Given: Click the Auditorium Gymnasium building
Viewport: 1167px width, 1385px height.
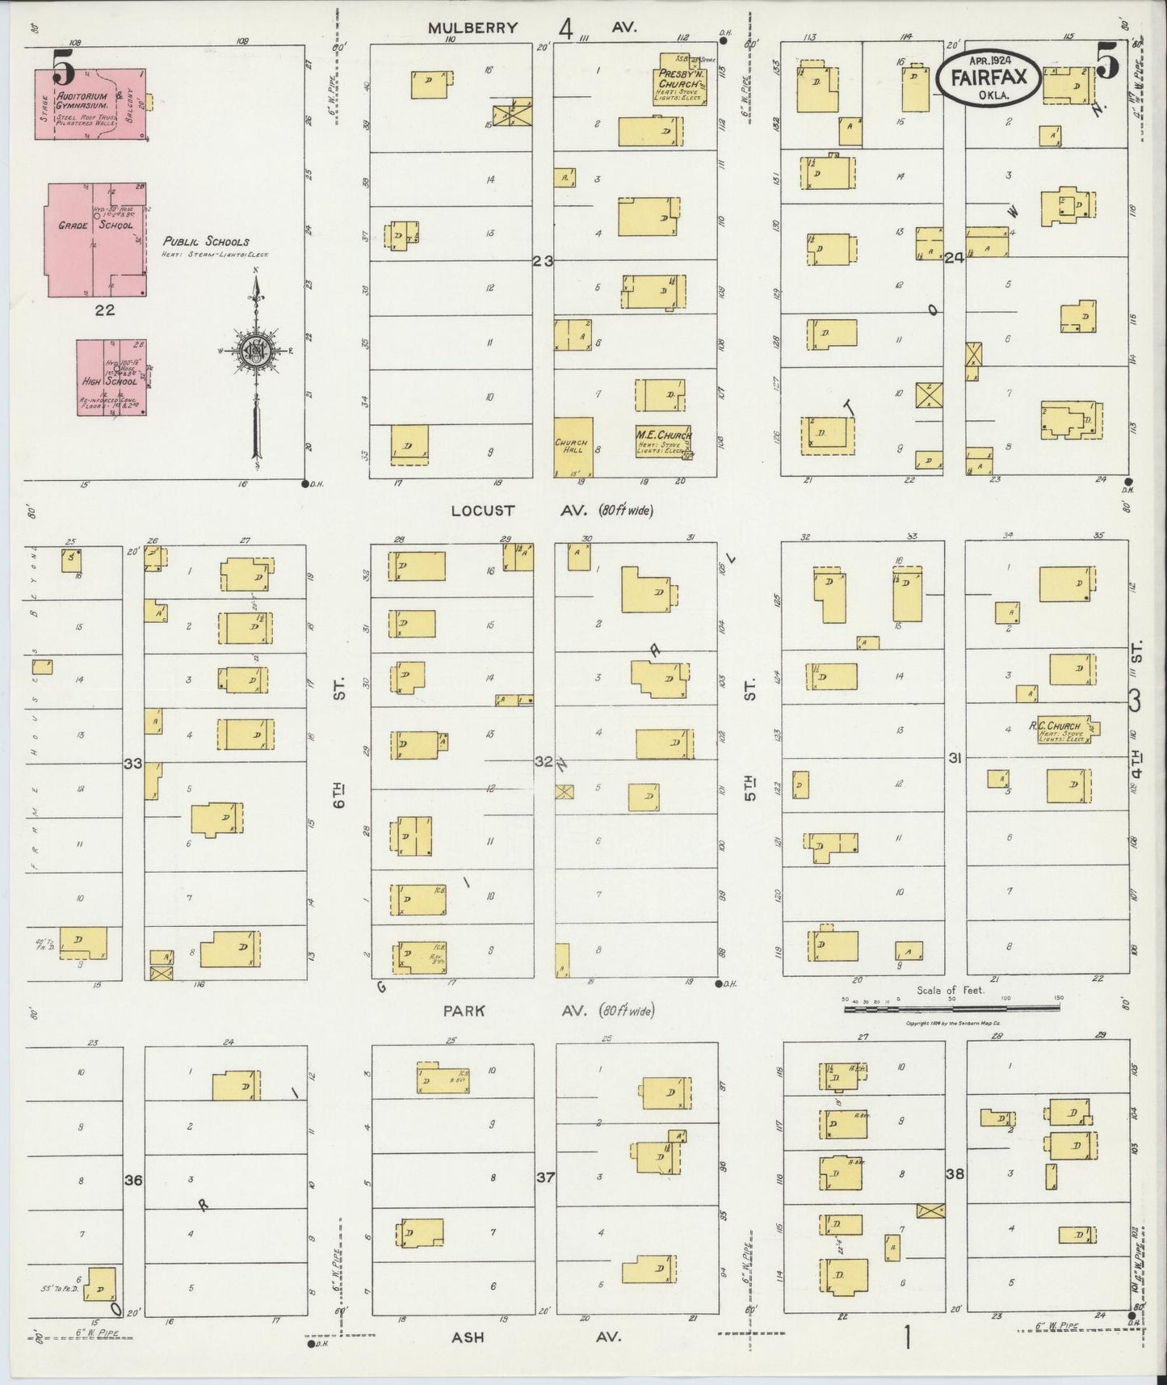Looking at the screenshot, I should (x=89, y=104).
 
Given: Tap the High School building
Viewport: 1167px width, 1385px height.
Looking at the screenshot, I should (x=111, y=377).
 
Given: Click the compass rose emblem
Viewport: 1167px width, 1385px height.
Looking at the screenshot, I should (x=256, y=349).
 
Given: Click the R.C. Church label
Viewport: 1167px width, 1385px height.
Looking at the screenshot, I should (x=1054, y=726).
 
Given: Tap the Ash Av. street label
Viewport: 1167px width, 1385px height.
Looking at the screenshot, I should (x=468, y=1337).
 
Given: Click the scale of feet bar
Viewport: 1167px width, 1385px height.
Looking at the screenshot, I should (x=951, y=1007).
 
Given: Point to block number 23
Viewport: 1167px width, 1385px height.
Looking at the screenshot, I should (x=543, y=261).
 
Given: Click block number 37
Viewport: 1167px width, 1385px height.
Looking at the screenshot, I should (x=546, y=1177).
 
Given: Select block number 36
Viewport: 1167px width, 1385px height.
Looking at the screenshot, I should (x=133, y=1181).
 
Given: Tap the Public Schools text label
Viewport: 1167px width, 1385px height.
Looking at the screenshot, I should (x=206, y=241).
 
